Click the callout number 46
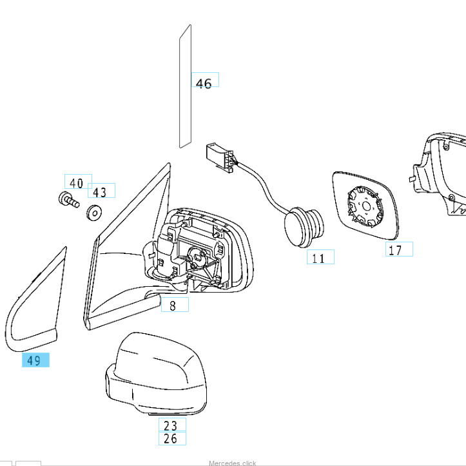(x=204, y=83)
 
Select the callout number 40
(x=77, y=183)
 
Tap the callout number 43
(x=99, y=192)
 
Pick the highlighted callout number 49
(x=35, y=360)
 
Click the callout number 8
(x=173, y=306)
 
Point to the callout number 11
(x=318, y=258)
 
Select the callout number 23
(x=170, y=425)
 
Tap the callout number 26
(x=170, y=440)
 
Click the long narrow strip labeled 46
(x=185, y=87)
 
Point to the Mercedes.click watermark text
(x=232, y=463)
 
